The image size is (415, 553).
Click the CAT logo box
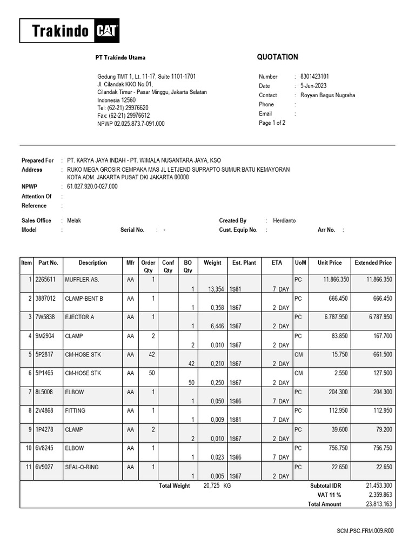coord(107,31)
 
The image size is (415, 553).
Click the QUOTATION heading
coord(277,57)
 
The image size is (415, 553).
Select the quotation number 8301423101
coord(314,77)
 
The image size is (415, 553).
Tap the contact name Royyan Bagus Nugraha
coord(328,95)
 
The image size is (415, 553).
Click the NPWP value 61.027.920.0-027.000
coord(92,187)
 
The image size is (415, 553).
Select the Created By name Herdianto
coord(284,220)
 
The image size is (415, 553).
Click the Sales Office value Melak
coord(74,220)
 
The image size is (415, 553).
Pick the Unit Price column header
coord(330,263)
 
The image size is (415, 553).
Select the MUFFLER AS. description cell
coord(82,280)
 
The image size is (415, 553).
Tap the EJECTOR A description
coord(79,317)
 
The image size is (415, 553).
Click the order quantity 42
coord(151,354)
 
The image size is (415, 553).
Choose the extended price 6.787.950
coord(379,317)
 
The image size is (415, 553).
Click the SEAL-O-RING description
coord(82,467)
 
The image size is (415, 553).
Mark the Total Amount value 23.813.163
coord(379,504)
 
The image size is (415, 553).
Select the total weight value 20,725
coord(212,486)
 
